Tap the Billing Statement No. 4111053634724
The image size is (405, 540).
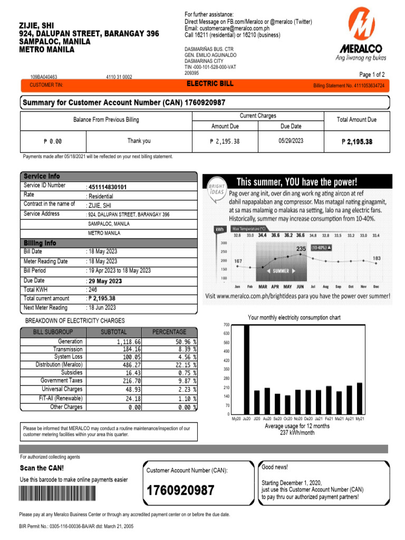coord(349,85)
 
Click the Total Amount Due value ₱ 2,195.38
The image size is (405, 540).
coord(357,141)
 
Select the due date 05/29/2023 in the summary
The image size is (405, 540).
coord(291,141)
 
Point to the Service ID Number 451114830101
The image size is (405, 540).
coord(108,187)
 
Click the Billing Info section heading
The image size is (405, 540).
coord(40,243)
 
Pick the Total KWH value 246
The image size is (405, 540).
coord(93,290)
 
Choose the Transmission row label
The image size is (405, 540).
coord(67,349)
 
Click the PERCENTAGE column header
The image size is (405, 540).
coord(169,332)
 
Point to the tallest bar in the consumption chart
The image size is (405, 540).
coord(246,369)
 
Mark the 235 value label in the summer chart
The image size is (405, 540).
coord(301,248)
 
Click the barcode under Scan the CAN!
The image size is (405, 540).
coord(59,493)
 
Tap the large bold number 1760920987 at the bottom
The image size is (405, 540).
coord(180,490)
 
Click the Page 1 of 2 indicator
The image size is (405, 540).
coord(372,74)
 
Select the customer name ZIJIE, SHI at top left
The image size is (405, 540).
coord(36,25)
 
